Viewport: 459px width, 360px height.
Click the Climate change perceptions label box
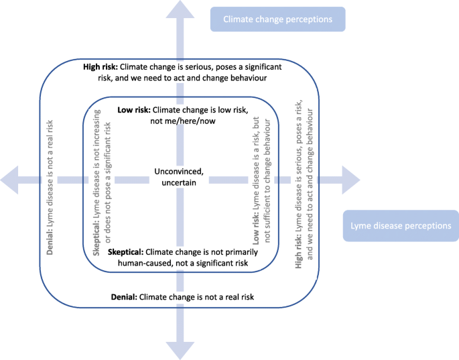277,19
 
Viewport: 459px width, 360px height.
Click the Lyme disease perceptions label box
401,226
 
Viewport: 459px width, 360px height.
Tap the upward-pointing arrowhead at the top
180,9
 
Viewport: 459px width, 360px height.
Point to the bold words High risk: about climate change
101,67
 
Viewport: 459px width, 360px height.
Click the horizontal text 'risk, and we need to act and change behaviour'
180,78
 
